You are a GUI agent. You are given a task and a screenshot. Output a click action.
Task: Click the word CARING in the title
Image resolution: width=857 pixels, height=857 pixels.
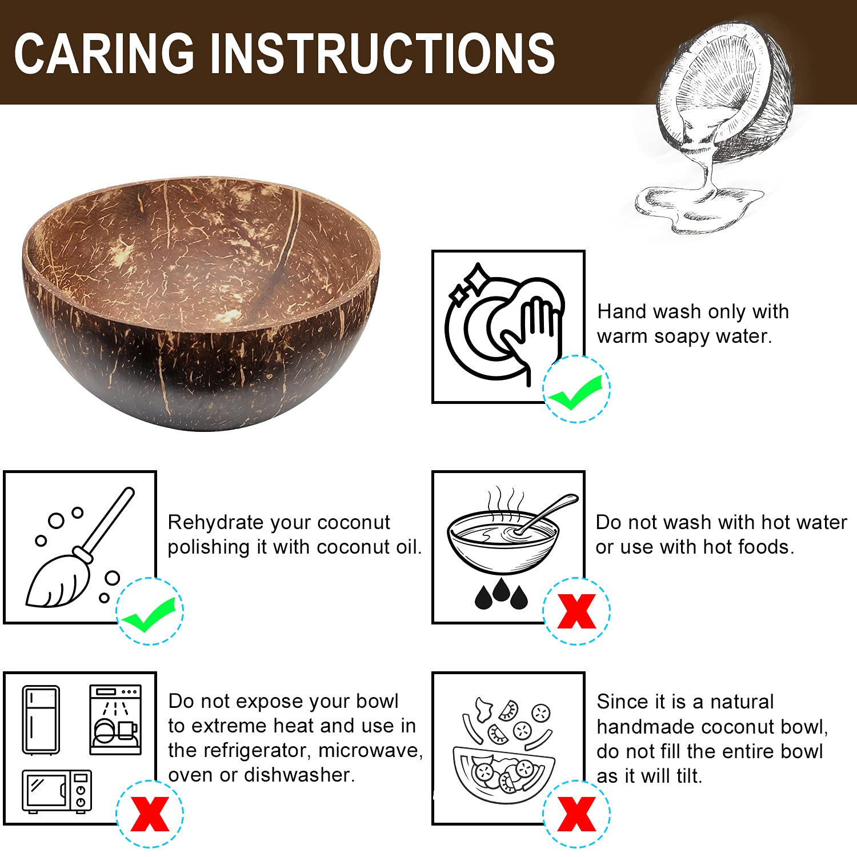click(104, 53)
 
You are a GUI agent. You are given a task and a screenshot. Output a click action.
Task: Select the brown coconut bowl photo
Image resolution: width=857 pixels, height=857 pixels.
click(201, 303)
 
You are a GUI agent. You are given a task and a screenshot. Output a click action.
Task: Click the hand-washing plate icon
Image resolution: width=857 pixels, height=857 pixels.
click(504, 323)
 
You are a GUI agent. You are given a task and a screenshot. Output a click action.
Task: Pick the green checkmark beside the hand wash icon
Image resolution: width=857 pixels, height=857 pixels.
click(575, 393)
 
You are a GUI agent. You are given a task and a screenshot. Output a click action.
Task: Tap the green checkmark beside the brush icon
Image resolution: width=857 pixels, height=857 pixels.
click(149, 615)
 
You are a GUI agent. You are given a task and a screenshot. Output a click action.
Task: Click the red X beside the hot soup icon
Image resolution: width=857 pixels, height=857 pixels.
click(576, 611)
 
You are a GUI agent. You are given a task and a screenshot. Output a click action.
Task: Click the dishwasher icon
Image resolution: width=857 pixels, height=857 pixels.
click(115, 720)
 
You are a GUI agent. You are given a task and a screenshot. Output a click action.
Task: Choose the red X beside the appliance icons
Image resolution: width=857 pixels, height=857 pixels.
click(150, 814)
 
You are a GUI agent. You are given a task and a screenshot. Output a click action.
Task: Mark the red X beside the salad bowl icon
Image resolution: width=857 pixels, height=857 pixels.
click(576, 814)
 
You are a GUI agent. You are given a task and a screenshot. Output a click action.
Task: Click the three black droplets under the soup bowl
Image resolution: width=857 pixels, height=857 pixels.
click(501, 594)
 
